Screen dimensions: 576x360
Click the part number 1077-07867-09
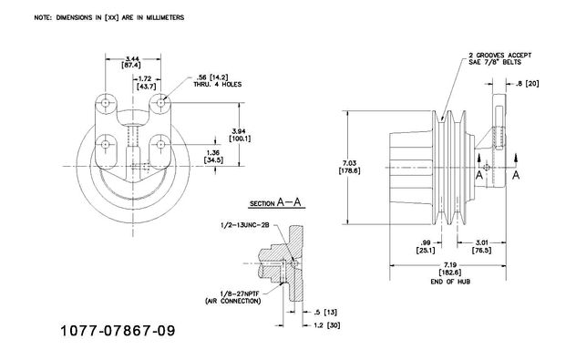118,331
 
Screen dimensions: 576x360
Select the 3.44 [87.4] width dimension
132,62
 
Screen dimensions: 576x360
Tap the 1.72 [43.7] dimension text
146,83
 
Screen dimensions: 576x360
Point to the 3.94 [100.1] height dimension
240,135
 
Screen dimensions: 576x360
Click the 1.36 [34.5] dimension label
213,156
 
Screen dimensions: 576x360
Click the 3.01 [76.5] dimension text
481,246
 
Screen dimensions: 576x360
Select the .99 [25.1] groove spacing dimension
426,246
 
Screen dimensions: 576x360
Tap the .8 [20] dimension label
527,84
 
